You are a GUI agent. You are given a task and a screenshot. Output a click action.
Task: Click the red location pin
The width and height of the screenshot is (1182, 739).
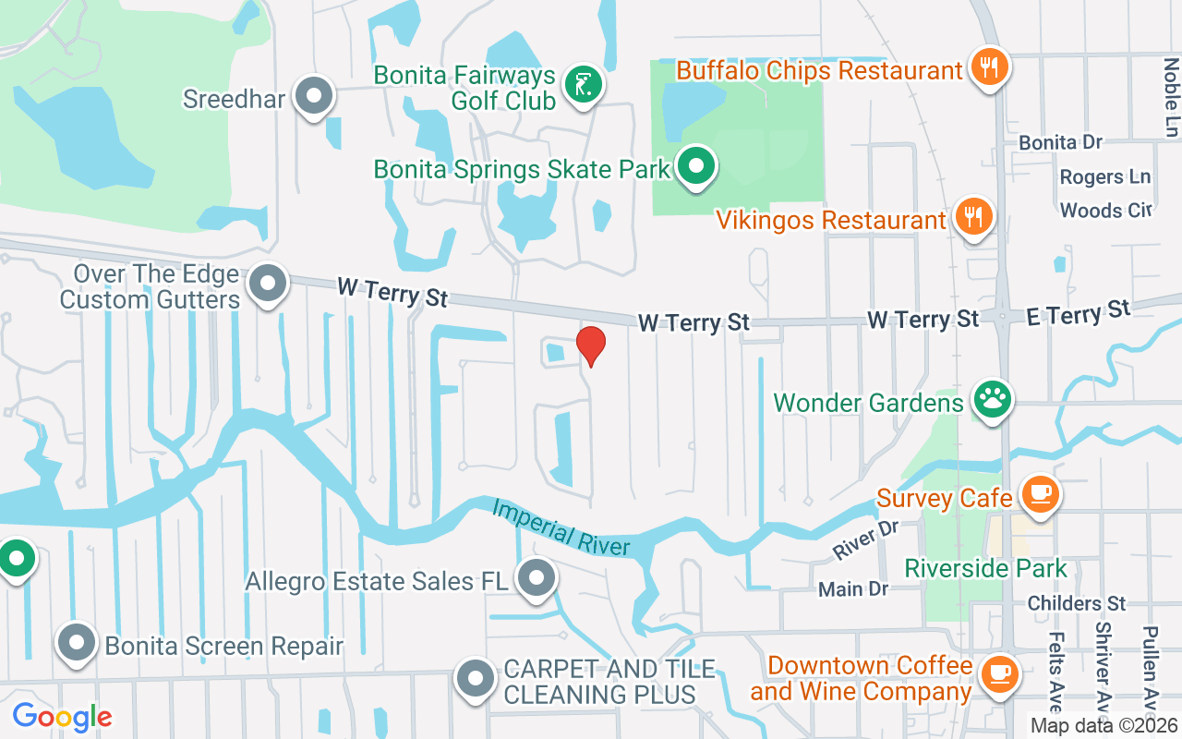click(591, 345)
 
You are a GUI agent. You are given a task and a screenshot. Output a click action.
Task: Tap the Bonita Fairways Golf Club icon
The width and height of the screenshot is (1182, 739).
click(583, 86)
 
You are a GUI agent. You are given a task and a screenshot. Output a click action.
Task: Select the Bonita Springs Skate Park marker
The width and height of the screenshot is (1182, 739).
click(697, 167)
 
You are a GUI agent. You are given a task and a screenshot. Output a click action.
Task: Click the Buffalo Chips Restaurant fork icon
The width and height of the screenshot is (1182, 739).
click(988, 67)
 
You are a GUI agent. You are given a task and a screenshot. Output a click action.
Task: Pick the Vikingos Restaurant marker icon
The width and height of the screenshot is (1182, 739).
click(971, 217)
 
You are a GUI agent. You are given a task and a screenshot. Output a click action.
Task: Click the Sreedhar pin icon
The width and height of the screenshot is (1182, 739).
click(313, 96)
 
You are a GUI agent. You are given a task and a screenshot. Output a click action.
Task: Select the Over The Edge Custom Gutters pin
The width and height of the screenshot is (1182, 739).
click(269, 285)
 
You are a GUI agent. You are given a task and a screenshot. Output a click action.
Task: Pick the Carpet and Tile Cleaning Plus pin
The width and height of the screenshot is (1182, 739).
click(476, 679)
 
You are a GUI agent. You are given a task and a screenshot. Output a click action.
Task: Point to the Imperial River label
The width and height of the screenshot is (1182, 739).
click(561, 527)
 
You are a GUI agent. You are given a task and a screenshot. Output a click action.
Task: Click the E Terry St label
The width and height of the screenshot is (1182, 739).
click(1079, 313)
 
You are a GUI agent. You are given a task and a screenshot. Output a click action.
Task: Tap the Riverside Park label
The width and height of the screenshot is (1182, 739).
click(985, 568)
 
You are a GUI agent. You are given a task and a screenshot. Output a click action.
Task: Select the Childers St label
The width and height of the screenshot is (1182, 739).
click(1077, 603)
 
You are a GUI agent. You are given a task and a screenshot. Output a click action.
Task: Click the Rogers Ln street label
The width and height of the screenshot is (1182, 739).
click(1104, 176)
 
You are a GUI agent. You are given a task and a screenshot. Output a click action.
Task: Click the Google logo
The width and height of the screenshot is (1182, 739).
click(62, 716)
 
